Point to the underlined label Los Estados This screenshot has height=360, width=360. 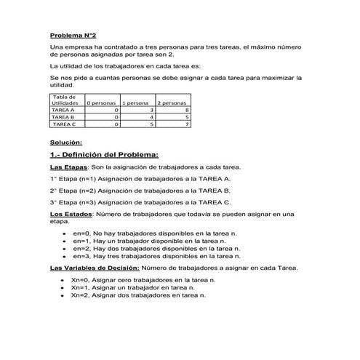coord(71,214)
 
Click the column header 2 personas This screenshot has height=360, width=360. coord(172,103)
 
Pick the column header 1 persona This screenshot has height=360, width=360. coord(137,103)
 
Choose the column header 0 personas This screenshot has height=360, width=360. coord(102,103)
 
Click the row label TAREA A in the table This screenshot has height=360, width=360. coord(63,110)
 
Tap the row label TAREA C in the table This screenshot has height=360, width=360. coord(63,124)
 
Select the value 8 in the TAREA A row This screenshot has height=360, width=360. coord(187,110)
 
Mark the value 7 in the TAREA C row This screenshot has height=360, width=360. coord(187,124)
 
